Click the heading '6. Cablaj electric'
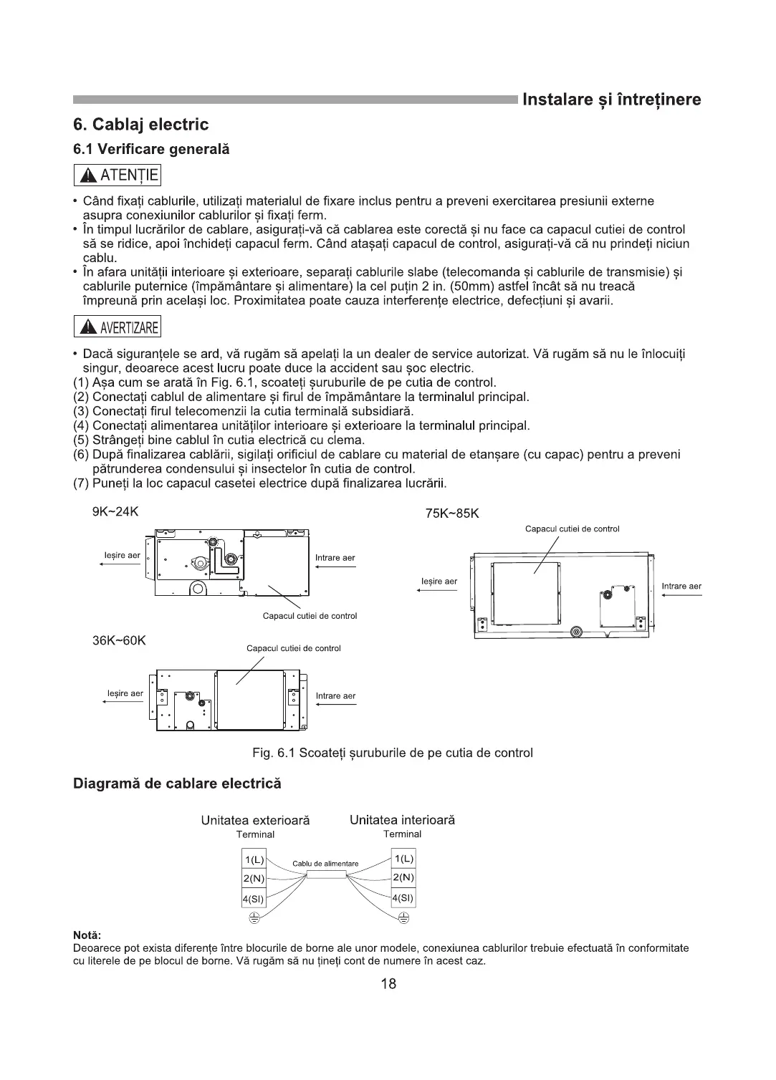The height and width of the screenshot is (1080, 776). [x=141, y=125]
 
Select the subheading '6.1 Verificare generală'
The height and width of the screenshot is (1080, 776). [x=151, y=150]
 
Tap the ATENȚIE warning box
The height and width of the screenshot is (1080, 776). [x=118, y=175]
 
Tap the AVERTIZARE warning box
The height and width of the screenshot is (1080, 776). [x=118, y=328]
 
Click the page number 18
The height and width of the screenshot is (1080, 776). [x=388, y=983]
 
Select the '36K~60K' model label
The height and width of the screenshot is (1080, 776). [x=119, y=640]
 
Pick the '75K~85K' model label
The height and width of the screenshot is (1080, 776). [x=452, y=514]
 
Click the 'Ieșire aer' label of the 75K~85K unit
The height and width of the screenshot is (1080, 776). [x=439, y=581]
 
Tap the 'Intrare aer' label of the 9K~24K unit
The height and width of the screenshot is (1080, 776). [x=335, y=558]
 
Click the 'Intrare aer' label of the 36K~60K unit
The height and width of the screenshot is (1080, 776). [x=335, y=695]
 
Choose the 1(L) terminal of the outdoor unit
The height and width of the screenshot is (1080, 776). [x=254, y=859]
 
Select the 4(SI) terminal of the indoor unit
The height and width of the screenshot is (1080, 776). [x=403, y=898]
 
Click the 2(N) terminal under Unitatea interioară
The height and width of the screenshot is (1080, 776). [x=403, y=878]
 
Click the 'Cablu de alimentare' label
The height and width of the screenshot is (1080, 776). [x=325, y=864]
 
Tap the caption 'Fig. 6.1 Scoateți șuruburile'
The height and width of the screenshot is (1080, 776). [x=393, y=753]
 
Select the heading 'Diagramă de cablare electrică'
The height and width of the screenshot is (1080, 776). [x=178, y=784]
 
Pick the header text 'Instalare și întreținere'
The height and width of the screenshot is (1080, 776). [x=611, y=100]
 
